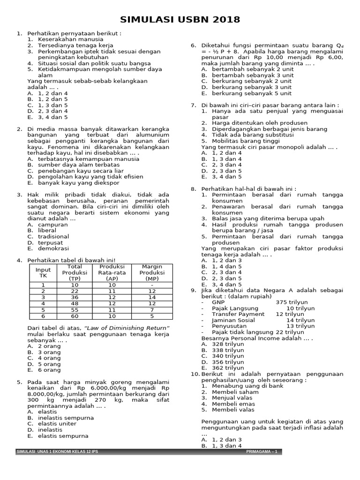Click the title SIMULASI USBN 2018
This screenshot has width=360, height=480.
(180, 19)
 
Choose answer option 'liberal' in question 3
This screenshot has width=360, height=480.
(47, 231)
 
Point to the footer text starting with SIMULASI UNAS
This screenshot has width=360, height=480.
(57, 451)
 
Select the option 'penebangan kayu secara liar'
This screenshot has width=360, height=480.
(78, 171)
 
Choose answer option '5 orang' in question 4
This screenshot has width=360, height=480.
(49, 364)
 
